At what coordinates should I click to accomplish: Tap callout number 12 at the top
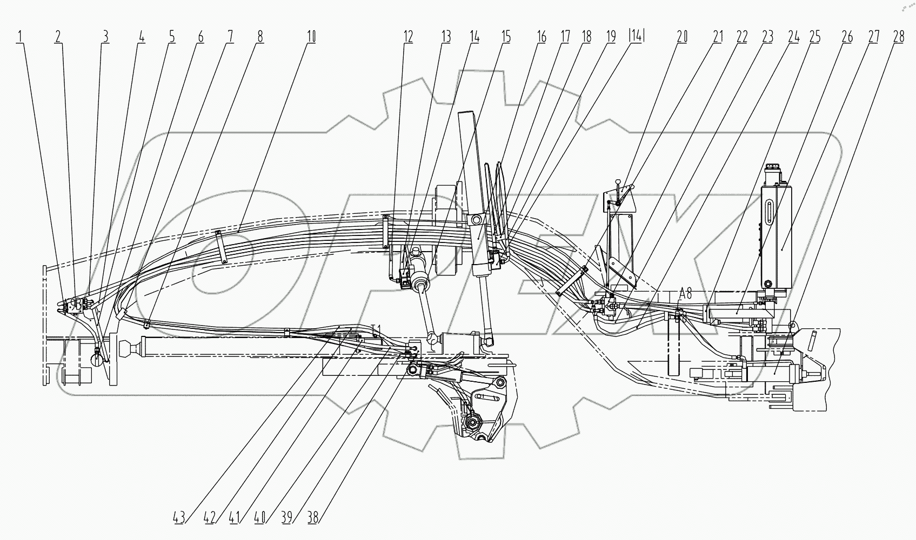coord(408,37)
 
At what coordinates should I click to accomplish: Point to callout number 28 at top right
coord(898,37)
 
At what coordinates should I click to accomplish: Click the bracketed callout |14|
coord(637,37)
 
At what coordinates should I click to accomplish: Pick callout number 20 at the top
coord(683,37)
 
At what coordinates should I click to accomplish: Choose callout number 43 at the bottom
coord(179,517)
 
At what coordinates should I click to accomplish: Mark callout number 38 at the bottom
coord(313,517)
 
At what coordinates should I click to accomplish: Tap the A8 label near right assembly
coord(685,294)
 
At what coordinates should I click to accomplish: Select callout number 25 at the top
coord(814,37)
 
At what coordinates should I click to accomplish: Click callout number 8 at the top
coord(260,37)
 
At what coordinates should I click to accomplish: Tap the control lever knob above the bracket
coord(632,187)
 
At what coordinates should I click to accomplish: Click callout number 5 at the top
coord(171,37)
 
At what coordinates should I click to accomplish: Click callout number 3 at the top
coord(105,37)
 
